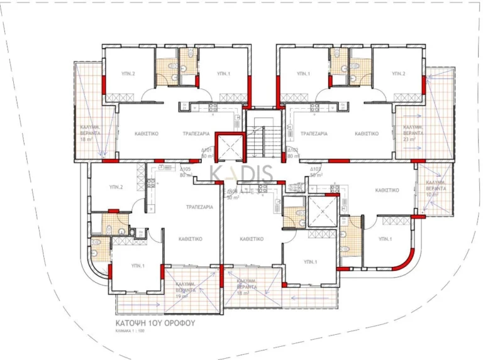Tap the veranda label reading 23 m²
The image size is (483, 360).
coord(413,139)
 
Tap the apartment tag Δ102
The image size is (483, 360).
coord(292,151)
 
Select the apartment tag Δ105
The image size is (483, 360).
coord(186,170)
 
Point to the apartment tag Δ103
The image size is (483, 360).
coord(316,170)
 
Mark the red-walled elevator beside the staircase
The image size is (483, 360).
coord(229,148)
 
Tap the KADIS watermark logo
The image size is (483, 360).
coord(248,174)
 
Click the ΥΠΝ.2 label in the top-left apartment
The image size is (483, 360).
coord(128,74)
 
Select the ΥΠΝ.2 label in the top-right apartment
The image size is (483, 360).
coord(398,74)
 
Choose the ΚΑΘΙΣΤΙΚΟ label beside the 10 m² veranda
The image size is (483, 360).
coord(387,190)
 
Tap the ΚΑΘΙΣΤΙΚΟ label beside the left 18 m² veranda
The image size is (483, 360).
coord(147,134)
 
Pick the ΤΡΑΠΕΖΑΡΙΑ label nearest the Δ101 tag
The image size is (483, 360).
coord(196,134)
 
